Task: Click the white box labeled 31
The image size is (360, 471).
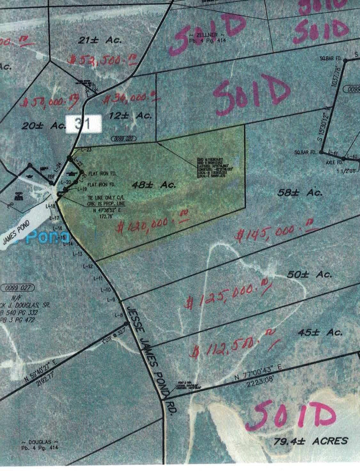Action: tap(83, 124)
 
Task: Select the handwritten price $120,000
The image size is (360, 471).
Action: tap(152, 224)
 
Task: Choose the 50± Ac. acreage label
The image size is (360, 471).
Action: tap(309, 275)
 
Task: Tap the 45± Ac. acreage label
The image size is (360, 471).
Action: tap(320, 332)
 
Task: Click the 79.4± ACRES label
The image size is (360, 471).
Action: tap(310, 441)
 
